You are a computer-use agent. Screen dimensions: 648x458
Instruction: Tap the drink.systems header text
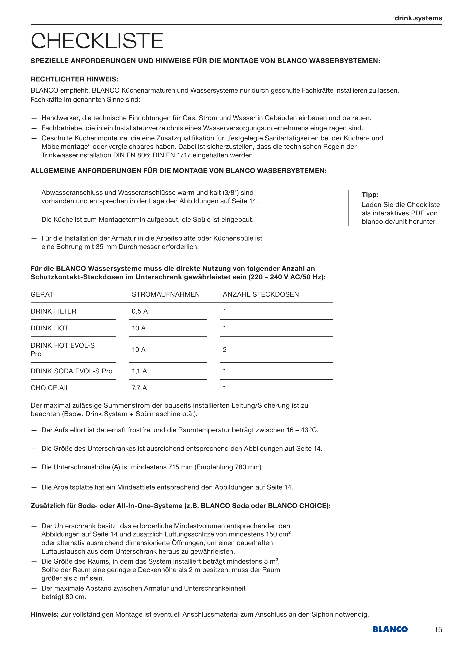pyautogui.click(x=418, y=18)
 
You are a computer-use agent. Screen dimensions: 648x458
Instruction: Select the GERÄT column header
pyautogui.click(x=42, y=294)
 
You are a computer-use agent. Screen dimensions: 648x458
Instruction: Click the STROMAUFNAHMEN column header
pyautogui.click(x=166, y=294)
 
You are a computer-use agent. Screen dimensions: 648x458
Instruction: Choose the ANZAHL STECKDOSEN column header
pyautogui.click(x=261, y=294)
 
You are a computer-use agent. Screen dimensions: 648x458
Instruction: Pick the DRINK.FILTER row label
pyautogui.click(x=53, y=311)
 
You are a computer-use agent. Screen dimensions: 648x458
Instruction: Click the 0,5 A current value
pyautogui.click(x=140, y=311)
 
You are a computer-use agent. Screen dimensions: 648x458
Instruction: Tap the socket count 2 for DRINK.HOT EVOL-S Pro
pyautogui.click(x=225, y=350)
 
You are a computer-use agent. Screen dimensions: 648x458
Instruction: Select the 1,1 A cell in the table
pyautogui.click(x=139, y=371)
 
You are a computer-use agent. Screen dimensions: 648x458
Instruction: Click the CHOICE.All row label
pyautogui.click(x=49, y=388)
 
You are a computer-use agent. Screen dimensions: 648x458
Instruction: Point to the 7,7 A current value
pyautogui.click(x=139, y=388)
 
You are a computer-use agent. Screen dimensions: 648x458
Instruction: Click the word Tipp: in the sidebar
pyautogui.click(x=370, y=194)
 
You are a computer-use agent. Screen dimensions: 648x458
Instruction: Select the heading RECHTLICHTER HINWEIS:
pyautogui.click(x=74, y=79)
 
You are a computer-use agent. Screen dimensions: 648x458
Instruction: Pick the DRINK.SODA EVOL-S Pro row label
pyautogui.click(x=71, y=371)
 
